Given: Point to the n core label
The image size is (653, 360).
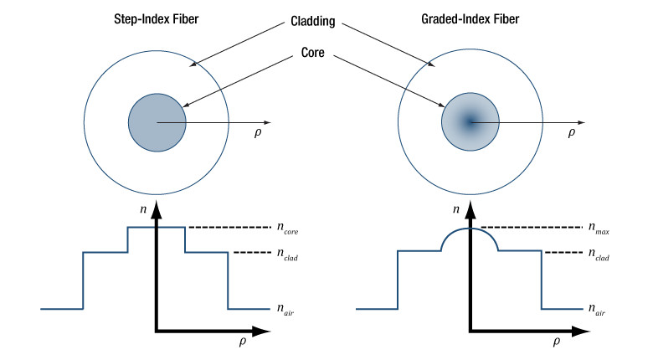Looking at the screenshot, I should click(x=286, y=227).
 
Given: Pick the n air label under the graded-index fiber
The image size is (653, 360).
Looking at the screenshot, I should click(x=598, y=311).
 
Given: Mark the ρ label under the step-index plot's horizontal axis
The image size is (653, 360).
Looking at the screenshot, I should click(x=240, y=343).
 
